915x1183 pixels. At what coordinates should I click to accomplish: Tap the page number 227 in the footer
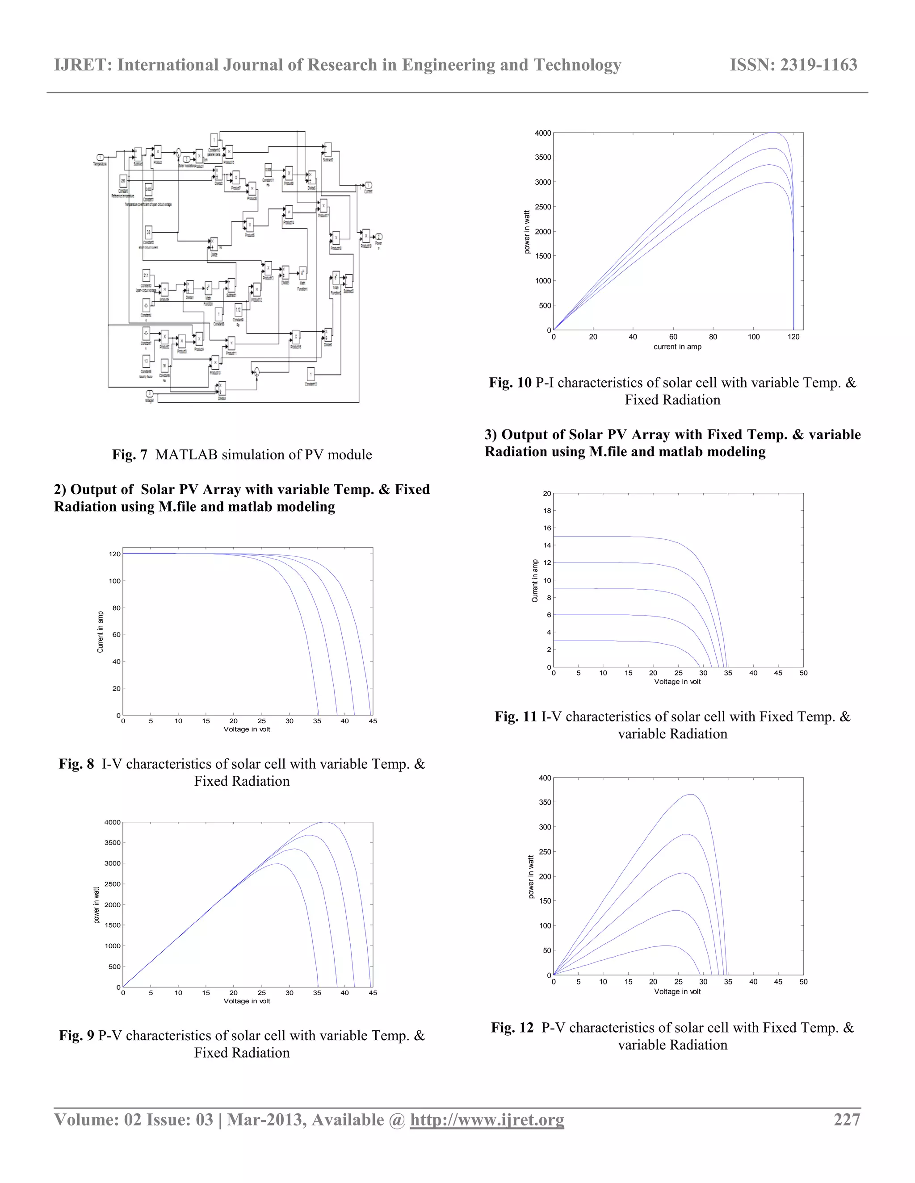847,1119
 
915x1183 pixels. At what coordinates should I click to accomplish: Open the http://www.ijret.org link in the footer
487,1119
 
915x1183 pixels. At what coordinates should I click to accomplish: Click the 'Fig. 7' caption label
130,454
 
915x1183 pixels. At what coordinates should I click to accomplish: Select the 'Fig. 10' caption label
510,383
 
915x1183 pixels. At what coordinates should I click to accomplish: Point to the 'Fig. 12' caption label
512,1028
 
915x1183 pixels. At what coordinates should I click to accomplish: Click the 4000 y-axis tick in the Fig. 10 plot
542,133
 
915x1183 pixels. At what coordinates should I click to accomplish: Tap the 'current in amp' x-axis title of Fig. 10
677,347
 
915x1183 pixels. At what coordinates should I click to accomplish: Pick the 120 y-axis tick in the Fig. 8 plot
114,554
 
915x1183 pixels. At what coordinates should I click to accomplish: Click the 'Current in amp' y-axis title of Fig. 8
100,632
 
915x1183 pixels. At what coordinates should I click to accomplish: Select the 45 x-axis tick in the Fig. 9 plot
373,993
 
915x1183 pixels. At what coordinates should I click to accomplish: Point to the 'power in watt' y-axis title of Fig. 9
97,905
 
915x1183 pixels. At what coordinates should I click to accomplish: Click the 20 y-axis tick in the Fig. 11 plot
547,493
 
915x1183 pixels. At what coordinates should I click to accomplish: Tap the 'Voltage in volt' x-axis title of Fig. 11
677,681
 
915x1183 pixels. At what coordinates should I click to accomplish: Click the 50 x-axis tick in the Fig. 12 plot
803,982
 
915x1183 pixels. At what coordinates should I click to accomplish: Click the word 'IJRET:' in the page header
84,65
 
